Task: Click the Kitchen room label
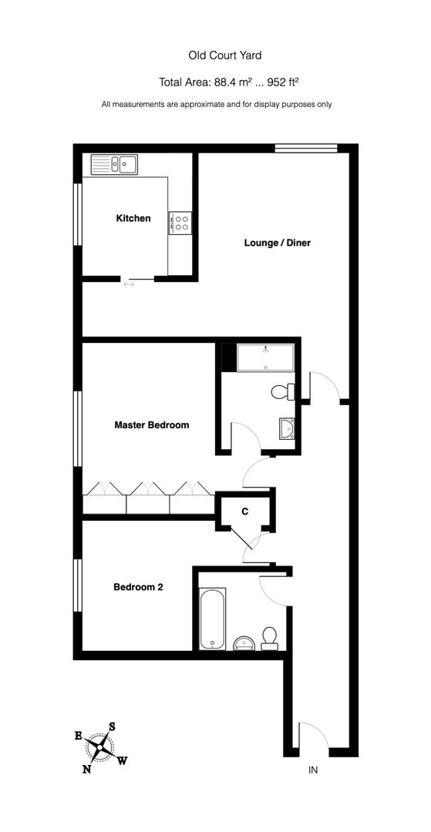tap(133, 219)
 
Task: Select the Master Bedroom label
tap(152, 424)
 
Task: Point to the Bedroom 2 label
tap(138, 587)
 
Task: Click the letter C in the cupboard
tap(244, 512)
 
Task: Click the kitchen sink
tap(113, 163)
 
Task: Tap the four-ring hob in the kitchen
tap(181, 223)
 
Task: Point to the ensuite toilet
tap(283, 392)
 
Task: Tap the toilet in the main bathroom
tap(269, 637)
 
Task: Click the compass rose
tap(101, 746)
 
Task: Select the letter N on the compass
tap(87, 767)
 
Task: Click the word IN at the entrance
tap(313, 770)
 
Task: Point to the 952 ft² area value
tap(282, 82)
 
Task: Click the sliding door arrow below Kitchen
tap(129, 285)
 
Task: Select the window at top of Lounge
tap(306, 149)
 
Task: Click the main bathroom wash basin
tap(243, 642)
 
